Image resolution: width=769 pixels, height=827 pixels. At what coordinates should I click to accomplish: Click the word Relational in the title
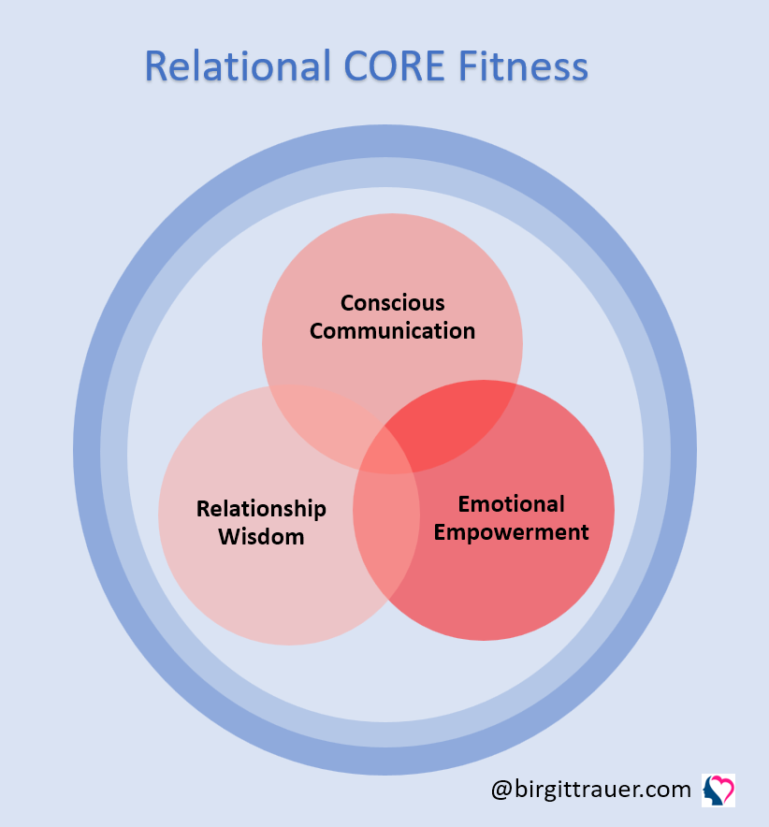point(238,65)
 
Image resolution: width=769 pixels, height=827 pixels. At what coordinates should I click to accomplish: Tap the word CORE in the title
point(395,65)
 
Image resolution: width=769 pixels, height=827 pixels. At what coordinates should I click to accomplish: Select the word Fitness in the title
point(523,65)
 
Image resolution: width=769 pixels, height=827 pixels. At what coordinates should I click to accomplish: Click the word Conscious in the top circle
point(392,303)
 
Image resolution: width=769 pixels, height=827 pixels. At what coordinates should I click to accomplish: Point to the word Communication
point(392,330)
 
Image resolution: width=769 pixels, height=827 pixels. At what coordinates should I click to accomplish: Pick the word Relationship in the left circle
point(261,509)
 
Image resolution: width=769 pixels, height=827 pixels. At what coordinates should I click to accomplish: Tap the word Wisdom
point(261,537)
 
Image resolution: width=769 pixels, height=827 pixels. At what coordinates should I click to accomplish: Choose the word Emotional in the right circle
point(511,503)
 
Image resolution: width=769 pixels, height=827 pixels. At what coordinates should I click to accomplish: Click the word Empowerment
point(511,531)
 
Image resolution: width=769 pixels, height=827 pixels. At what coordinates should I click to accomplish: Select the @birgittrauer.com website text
point(590,790)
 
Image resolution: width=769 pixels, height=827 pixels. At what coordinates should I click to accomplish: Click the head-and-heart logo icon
point(718,791)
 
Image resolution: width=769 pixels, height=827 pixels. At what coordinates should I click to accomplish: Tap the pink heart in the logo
point(722,787)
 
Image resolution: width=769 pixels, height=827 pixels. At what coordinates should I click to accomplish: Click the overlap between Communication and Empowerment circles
point(454,422)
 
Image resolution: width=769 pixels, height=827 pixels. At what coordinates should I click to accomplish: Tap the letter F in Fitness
point(468,65)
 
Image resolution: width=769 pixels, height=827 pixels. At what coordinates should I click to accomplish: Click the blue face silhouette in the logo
point(712,792)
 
